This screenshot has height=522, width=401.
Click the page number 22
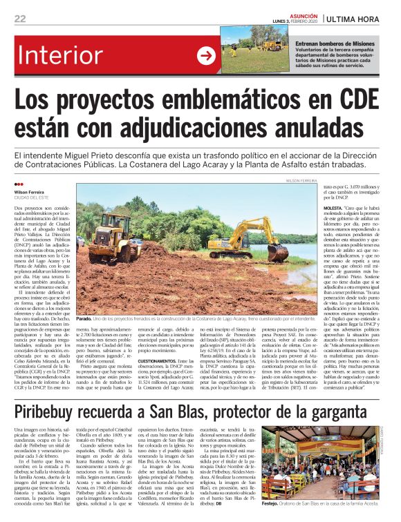click(21, 19)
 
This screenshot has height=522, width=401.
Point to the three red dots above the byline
click(19, 185)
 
